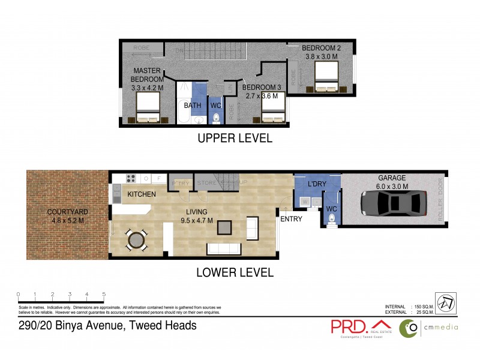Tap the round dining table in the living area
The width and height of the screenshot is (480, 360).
136,240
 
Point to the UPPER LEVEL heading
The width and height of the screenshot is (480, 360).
235,138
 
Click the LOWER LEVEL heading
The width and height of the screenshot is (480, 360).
235,272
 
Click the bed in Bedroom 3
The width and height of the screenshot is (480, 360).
272,109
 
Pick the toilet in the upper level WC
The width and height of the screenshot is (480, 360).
217,118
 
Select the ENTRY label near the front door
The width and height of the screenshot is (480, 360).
292,219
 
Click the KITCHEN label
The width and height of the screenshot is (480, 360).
142,194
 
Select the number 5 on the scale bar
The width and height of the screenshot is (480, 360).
104,294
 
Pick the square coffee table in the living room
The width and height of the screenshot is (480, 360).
224,227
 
